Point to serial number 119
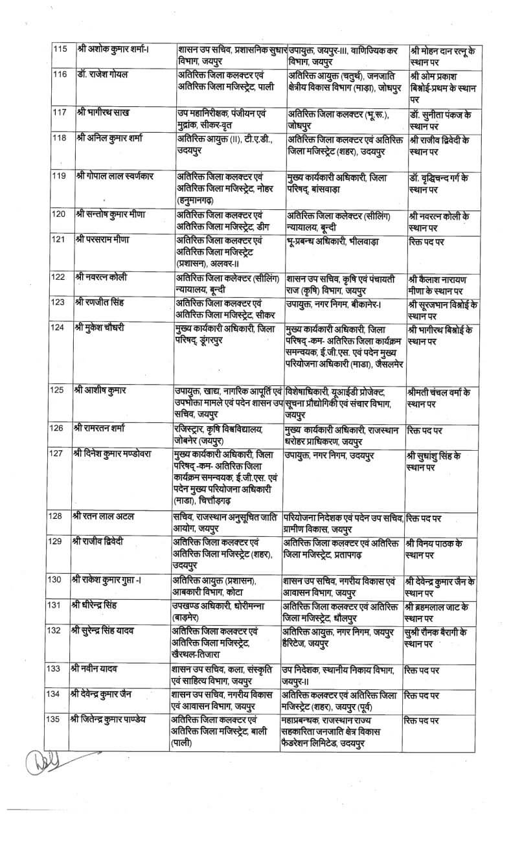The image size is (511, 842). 60,177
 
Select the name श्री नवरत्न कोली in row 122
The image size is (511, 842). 100,277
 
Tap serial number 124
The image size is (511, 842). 60,326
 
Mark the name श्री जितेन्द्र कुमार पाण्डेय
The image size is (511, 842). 117,719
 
